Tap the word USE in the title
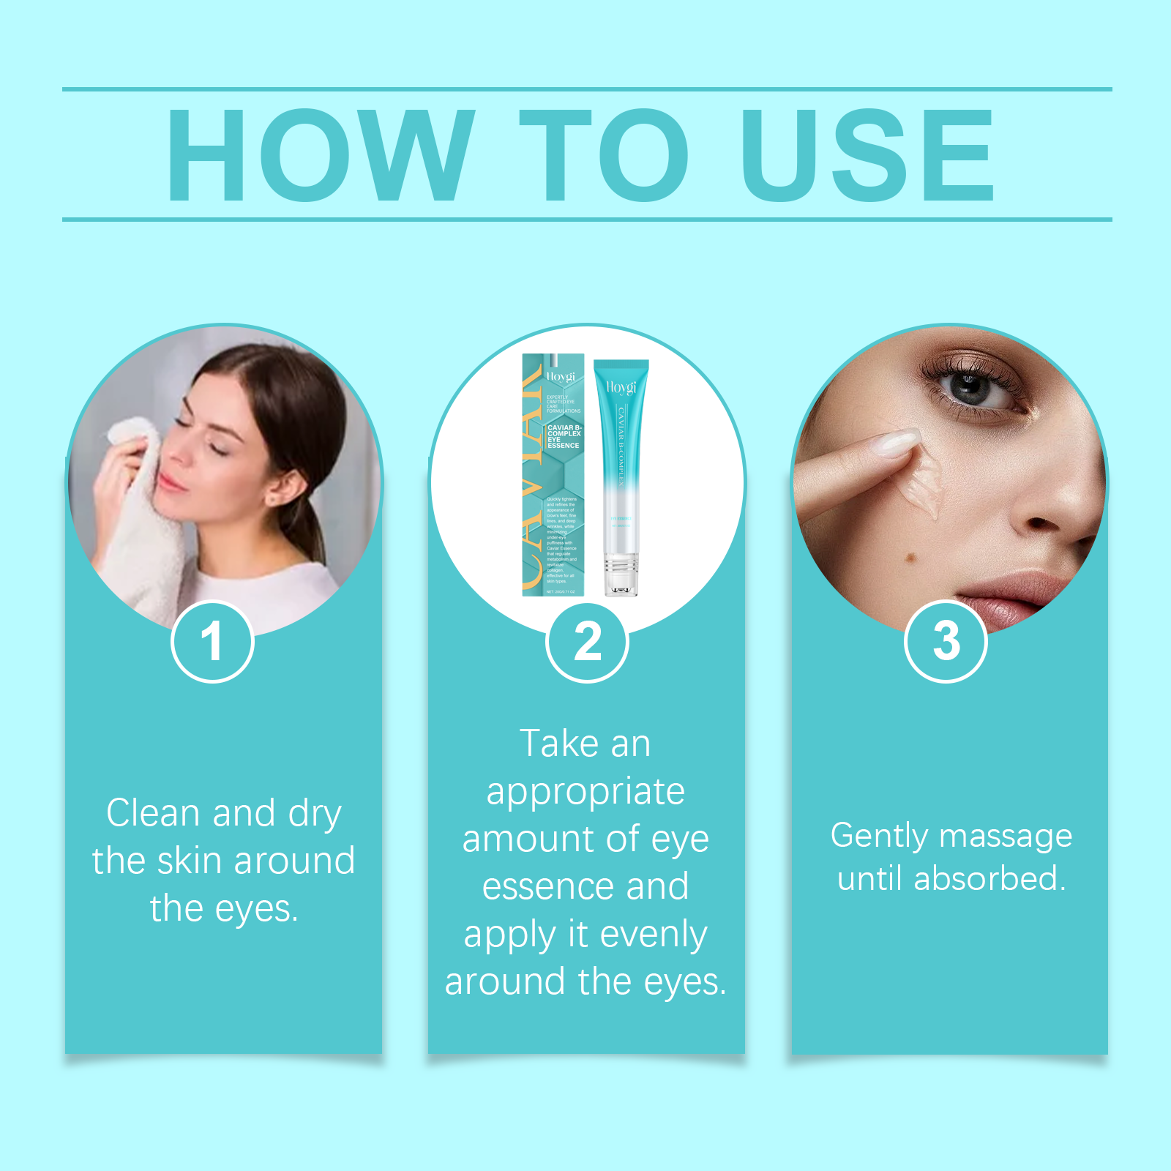(x=867, y=154)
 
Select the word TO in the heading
(x=604, y=154)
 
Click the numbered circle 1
(x=212, y=642)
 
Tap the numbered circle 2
(x=587, y=642)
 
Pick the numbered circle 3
(x=946, y=642)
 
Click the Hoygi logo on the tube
(x=621, y=386)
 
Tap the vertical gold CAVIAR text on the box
(x=532, y=476)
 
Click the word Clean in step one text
(x=153, y=813)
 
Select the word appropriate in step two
(x=585, y=793)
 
